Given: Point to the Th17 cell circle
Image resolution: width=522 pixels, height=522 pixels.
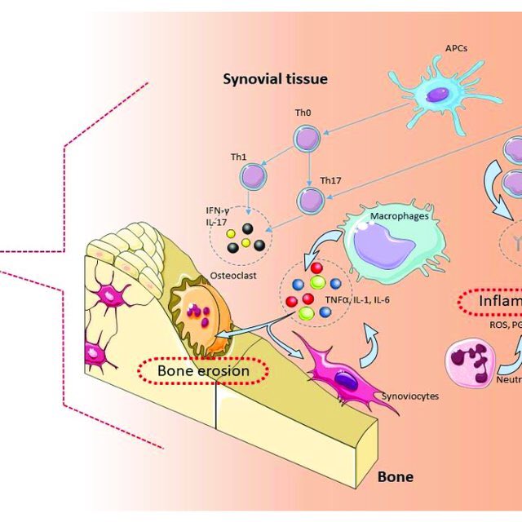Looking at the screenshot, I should pos(311,199).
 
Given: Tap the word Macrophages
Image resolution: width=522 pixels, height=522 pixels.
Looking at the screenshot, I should pos(395,216).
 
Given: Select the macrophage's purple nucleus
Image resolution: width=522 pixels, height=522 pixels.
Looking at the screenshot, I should pos(386,250).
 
